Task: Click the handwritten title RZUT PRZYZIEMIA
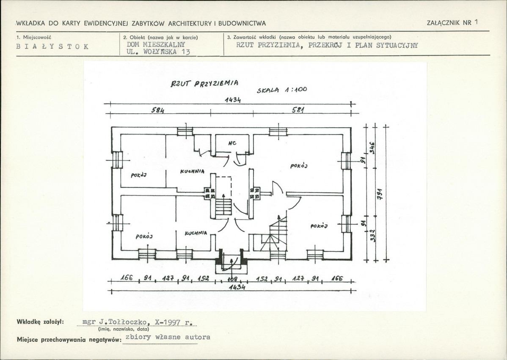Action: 204,83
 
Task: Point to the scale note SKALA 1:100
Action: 281,90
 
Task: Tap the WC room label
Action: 232,143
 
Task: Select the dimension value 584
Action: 157,110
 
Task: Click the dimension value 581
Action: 298,110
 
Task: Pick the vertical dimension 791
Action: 380,192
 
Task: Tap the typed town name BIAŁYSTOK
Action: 52,47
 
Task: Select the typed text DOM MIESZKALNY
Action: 156,44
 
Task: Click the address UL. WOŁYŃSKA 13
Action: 158,52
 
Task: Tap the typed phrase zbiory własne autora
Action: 168,337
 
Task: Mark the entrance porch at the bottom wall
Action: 231,263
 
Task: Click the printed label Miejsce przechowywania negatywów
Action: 67,339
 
